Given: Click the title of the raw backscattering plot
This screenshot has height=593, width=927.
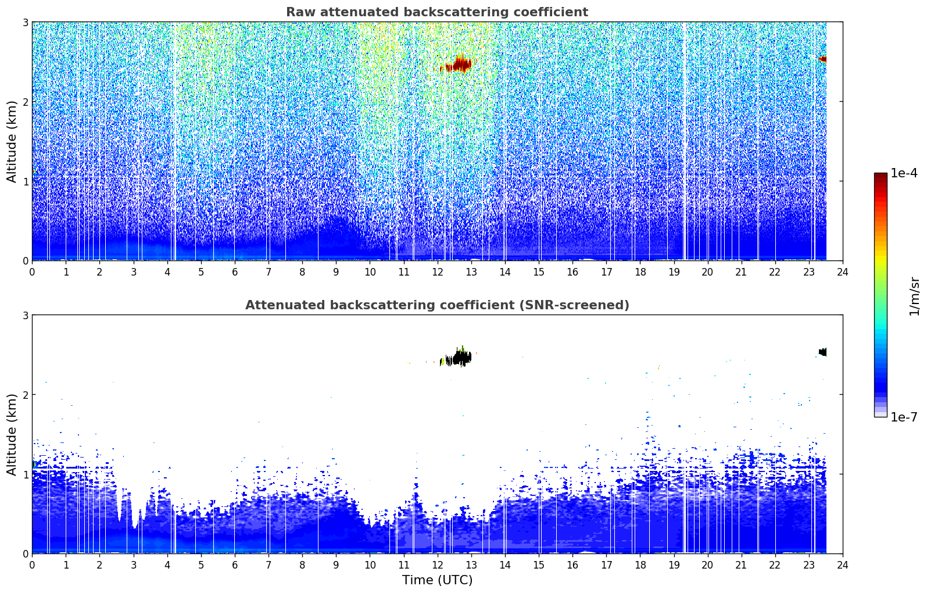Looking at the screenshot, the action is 437,12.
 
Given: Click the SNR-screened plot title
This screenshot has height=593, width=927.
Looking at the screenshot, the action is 437,305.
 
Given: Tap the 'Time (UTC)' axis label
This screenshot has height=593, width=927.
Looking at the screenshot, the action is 437,580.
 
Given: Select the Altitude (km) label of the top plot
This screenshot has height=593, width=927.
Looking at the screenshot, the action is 12,142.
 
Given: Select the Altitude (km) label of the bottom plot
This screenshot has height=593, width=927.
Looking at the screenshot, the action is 12,435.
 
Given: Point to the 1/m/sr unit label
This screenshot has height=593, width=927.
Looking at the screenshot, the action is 914,296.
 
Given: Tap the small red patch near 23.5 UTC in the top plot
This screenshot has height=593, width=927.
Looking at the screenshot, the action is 823,59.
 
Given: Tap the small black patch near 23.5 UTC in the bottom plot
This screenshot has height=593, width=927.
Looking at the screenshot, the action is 823,352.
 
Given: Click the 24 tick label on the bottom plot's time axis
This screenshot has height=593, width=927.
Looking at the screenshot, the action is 843,565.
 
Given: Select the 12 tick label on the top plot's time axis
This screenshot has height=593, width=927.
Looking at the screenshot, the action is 438,272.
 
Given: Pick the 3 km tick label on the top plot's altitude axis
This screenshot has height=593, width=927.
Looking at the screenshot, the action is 25,22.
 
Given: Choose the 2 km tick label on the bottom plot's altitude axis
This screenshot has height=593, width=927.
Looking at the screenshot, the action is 25,395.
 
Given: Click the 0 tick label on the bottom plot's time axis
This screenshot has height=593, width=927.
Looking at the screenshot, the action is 33,565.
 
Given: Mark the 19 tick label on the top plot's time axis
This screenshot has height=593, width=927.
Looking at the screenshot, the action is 674,272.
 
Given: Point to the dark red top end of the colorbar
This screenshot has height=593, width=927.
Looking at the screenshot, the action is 881,176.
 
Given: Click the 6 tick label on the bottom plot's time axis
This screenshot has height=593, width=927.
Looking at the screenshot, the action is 235,565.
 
